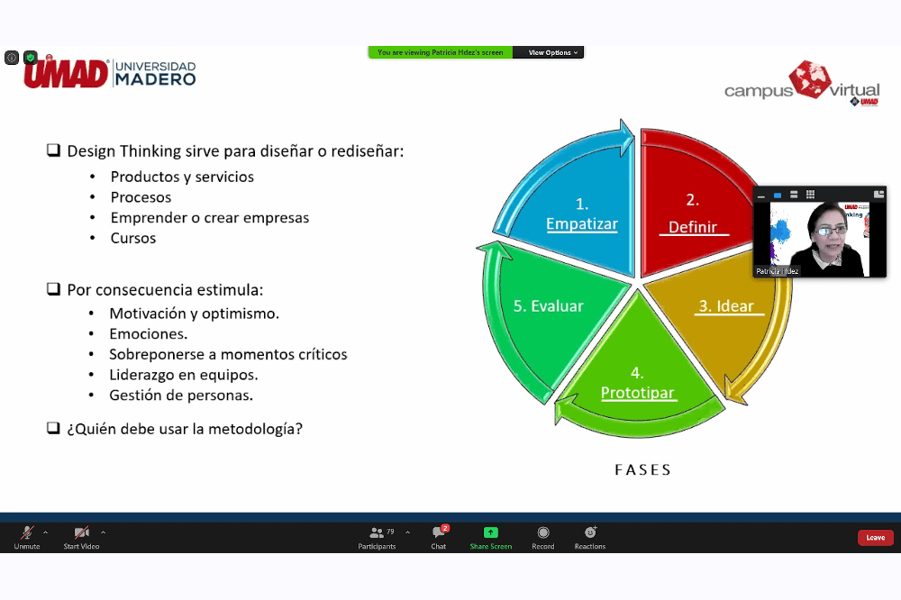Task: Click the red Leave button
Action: point(875,537)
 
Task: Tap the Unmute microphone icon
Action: point(27,532)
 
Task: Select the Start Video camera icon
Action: point(82,532)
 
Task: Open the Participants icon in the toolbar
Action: point(377,532)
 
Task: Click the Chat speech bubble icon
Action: point(439,532)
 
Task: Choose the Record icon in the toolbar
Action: point(543,532)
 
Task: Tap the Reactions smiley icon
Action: point(590,532)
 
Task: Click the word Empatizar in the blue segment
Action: point(582,223)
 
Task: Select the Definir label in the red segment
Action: point(693,227)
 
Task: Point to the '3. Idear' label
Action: point(726,305)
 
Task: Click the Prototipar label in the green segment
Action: point(638,393)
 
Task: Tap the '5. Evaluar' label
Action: point(548,305)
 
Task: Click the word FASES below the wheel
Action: point(643,469)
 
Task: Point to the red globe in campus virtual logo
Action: point(809,79)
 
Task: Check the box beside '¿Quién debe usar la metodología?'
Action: point(53,428)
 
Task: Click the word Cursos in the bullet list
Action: point(133,238)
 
